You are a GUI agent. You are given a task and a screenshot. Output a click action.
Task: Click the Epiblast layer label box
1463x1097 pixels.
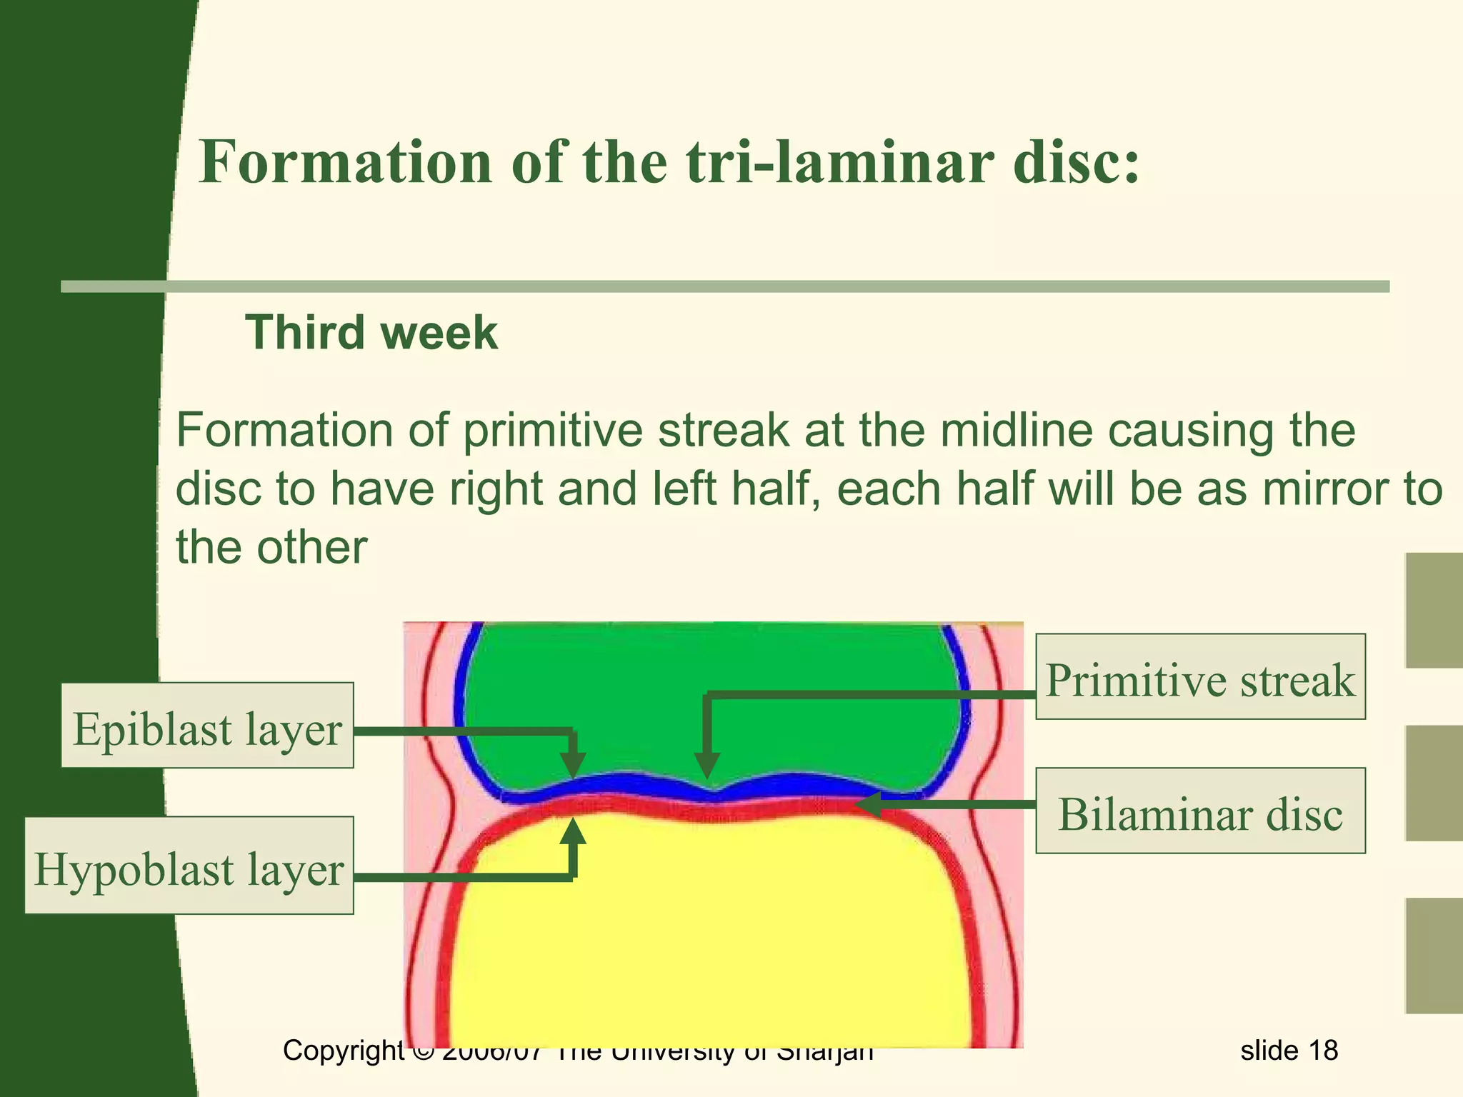click(x=207, y=725)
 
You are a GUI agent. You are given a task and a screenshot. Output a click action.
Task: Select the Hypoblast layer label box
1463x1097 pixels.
click(x=189, y=865)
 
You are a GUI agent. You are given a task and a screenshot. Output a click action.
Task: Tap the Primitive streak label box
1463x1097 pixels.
click(x=1200, y=676)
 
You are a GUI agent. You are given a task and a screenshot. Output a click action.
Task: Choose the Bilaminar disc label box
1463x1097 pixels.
click(x=1200, y=811)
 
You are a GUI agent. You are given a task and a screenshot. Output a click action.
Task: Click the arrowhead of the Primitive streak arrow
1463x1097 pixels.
click(x=706, y=767)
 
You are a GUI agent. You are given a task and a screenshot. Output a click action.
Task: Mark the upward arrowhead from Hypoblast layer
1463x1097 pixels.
click(x=573, y=832)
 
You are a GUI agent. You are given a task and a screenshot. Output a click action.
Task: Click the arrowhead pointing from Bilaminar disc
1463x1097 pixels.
click(x=868, y=806)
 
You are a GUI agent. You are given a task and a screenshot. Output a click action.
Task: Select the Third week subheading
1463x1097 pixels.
click(x=371, y=333)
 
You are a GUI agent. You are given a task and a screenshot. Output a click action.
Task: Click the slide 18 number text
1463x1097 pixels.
click(x=1289, y=1051)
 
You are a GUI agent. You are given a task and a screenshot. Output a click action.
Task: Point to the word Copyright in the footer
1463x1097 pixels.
click(x=344, y=1051)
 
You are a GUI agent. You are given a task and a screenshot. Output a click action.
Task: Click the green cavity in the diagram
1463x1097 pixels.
click(x=707, y=700)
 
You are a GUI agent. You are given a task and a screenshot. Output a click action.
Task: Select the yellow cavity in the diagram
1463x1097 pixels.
click(x=707, y=943)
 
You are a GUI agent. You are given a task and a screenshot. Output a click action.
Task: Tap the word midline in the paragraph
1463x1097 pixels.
click(x=1015, y=431)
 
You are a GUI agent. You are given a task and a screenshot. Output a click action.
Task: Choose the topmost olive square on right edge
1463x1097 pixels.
click(x=1434, y=611)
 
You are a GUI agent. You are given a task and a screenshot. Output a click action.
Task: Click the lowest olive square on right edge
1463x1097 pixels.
click(x=1434, y=956)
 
